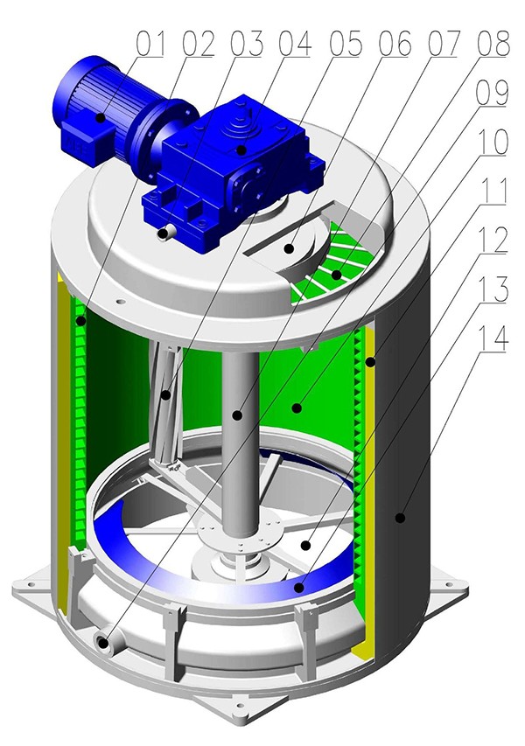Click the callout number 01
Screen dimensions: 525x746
(x=151, y=44)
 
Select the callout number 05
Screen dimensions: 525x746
(x=345, y=44)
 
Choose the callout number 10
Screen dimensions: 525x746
(x=492, y=142)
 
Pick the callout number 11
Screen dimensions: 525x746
(x=493, y=191)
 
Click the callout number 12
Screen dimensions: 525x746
(x=492, y=241)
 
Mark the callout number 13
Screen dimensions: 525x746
(x=492, y=289)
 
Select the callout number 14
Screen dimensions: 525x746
(x=492, y=338)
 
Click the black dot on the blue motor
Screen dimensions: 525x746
(x=101, y=117)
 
